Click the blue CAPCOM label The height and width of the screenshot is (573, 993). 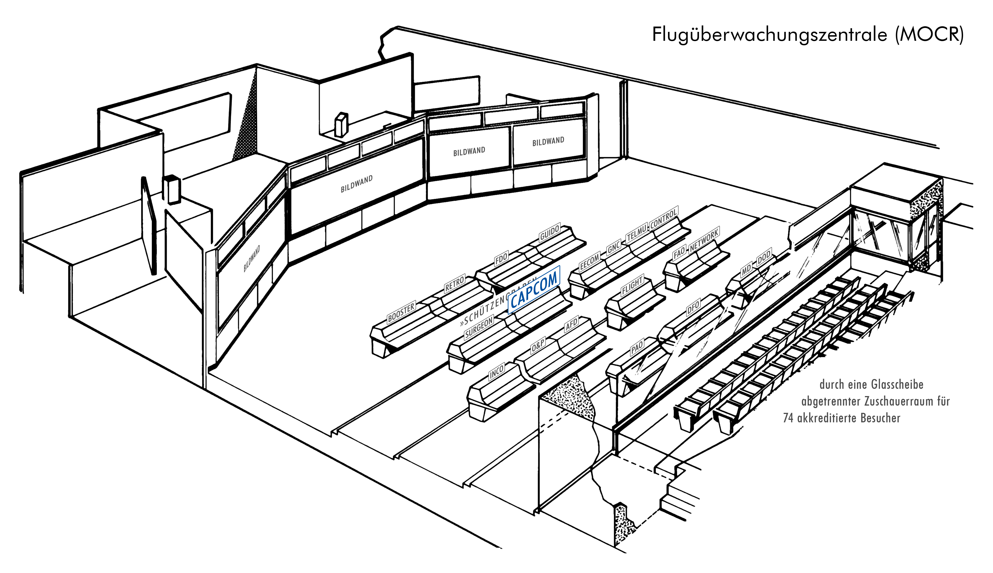(534, 290)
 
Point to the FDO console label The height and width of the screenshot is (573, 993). (501, 259)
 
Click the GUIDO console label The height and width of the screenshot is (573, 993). (550, 233)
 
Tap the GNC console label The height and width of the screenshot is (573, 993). (614, 247)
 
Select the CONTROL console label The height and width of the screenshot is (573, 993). (664, 218)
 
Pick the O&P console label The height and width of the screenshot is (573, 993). (538, 345)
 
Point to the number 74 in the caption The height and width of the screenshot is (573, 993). (788, 418)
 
